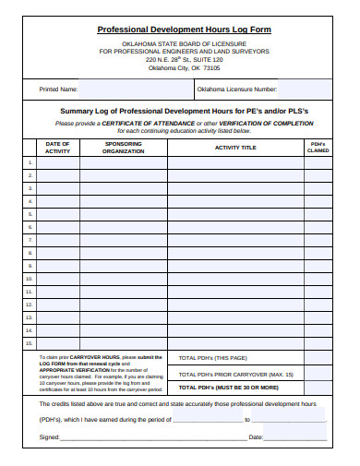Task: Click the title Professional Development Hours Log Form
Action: [x=185, y=30]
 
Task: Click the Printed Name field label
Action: [x=57, y=90]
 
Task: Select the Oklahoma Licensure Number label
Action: [x=236, y=90]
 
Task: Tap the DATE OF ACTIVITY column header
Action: [x=57, y=148]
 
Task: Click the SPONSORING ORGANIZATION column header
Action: [x=123, y=148]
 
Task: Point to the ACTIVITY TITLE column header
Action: [x=235, y=148]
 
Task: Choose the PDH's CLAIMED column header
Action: [x=318, y=148]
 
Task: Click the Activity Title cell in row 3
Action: [x=235, y=188]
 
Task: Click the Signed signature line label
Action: [x=49, y=436]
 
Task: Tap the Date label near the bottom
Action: [x=256, y=436]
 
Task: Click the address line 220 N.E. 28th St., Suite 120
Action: [x=185, y=58]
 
